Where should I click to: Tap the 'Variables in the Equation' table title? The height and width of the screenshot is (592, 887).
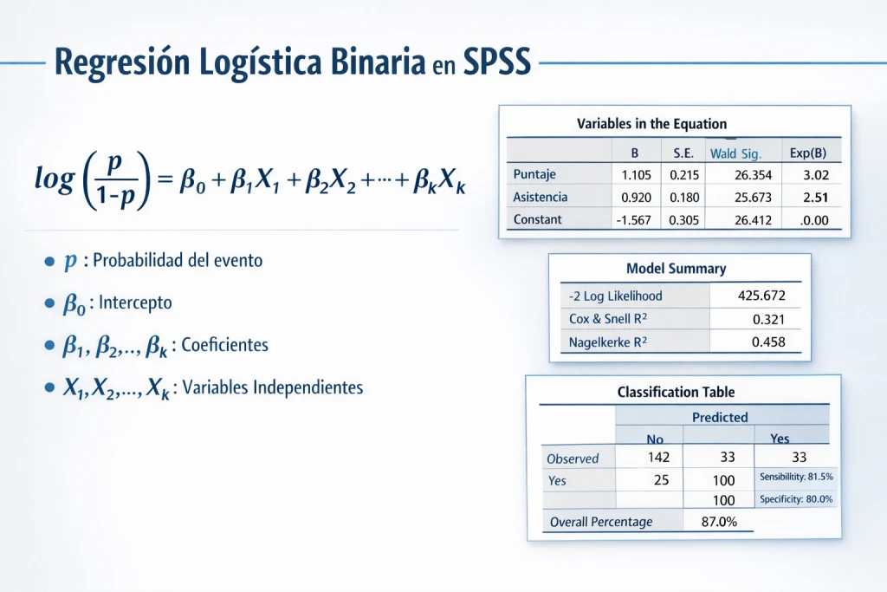[x=651, y=123]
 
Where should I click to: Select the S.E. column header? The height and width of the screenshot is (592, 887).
[x=683, y=153]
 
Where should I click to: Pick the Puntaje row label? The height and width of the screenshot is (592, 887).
[x=534, y=174]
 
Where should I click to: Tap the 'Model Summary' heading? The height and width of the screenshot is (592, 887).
[x=676, y=269]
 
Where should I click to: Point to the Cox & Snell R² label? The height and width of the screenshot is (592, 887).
[x=608, y=319]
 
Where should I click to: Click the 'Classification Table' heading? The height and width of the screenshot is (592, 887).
[x=676, y=392]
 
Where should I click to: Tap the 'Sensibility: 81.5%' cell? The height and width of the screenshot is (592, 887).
[x=796, y=478]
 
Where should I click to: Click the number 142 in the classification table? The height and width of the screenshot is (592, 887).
[x=660, y=458]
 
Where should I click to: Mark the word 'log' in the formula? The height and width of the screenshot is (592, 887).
[x=55, y=179]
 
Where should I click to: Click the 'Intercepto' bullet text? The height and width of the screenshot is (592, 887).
[x=135, y=303]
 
